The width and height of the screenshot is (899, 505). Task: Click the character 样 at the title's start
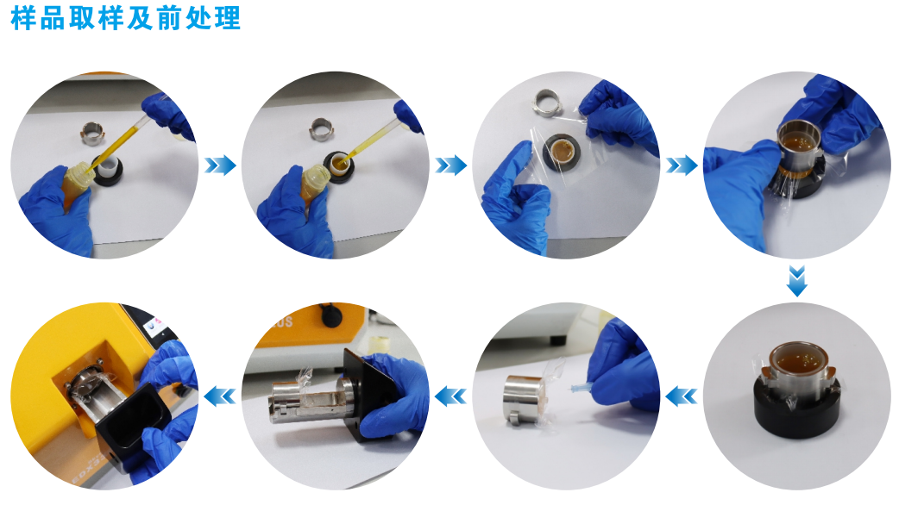click(23, 18)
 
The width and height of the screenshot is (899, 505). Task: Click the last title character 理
click(229, 18)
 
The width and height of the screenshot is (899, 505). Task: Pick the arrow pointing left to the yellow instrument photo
click(220, 396)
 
